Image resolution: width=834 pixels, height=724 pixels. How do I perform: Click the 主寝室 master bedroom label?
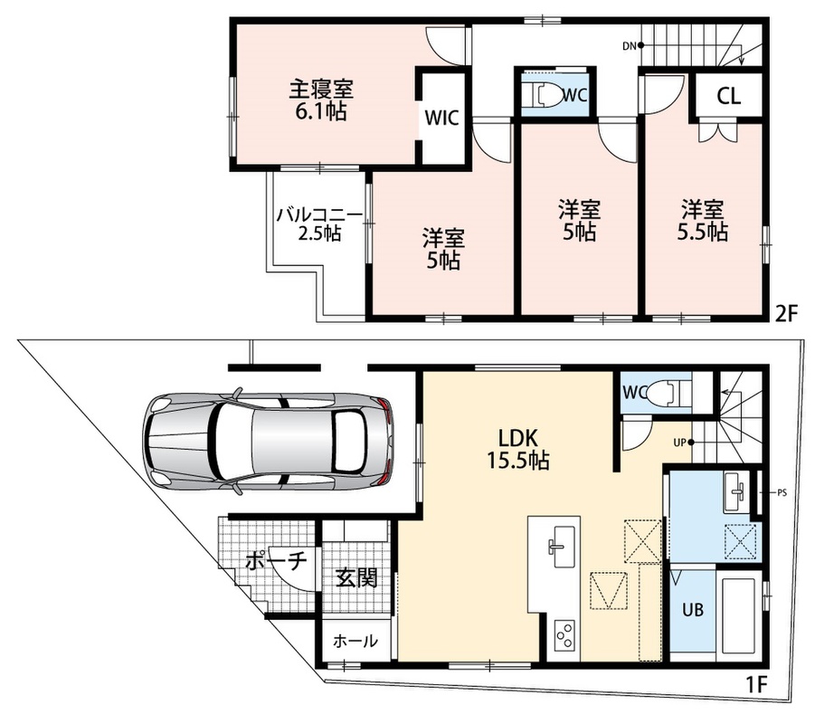click(321, 89)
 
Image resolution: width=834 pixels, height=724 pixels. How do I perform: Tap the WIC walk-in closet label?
click(441, 118)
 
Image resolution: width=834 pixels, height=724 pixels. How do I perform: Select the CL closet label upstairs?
click(728, 96)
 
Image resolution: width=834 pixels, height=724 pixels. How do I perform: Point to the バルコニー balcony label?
click(318, 215)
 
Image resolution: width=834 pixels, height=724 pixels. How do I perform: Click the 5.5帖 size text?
click(702, 232)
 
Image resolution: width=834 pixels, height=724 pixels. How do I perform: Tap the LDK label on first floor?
click(518, 438)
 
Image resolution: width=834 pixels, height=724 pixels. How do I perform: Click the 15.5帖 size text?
click(518, 460)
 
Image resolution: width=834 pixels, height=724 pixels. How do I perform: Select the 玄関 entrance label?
click(356, 578)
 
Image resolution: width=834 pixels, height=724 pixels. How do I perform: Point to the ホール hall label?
click(355, 642)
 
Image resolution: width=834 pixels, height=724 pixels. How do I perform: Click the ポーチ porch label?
click(276, 561)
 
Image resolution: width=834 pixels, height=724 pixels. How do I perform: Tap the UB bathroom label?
click(693, 610)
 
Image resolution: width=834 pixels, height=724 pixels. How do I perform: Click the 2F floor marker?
click(787, 314)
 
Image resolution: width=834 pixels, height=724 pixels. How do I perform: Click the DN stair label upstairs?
click(630, 46)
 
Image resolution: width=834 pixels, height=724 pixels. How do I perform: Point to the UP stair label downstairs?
click(679, 442)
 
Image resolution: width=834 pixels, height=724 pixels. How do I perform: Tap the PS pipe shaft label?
click(782, 492)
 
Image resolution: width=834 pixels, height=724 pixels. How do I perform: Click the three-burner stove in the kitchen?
click(564, 634)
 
